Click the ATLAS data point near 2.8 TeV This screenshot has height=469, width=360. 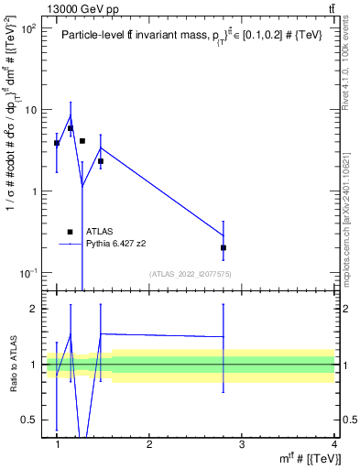click(x=224, y=247)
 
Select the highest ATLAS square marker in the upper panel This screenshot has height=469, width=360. click(x=71, y=128)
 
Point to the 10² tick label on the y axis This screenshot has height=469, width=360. click(x=27, y=28)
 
